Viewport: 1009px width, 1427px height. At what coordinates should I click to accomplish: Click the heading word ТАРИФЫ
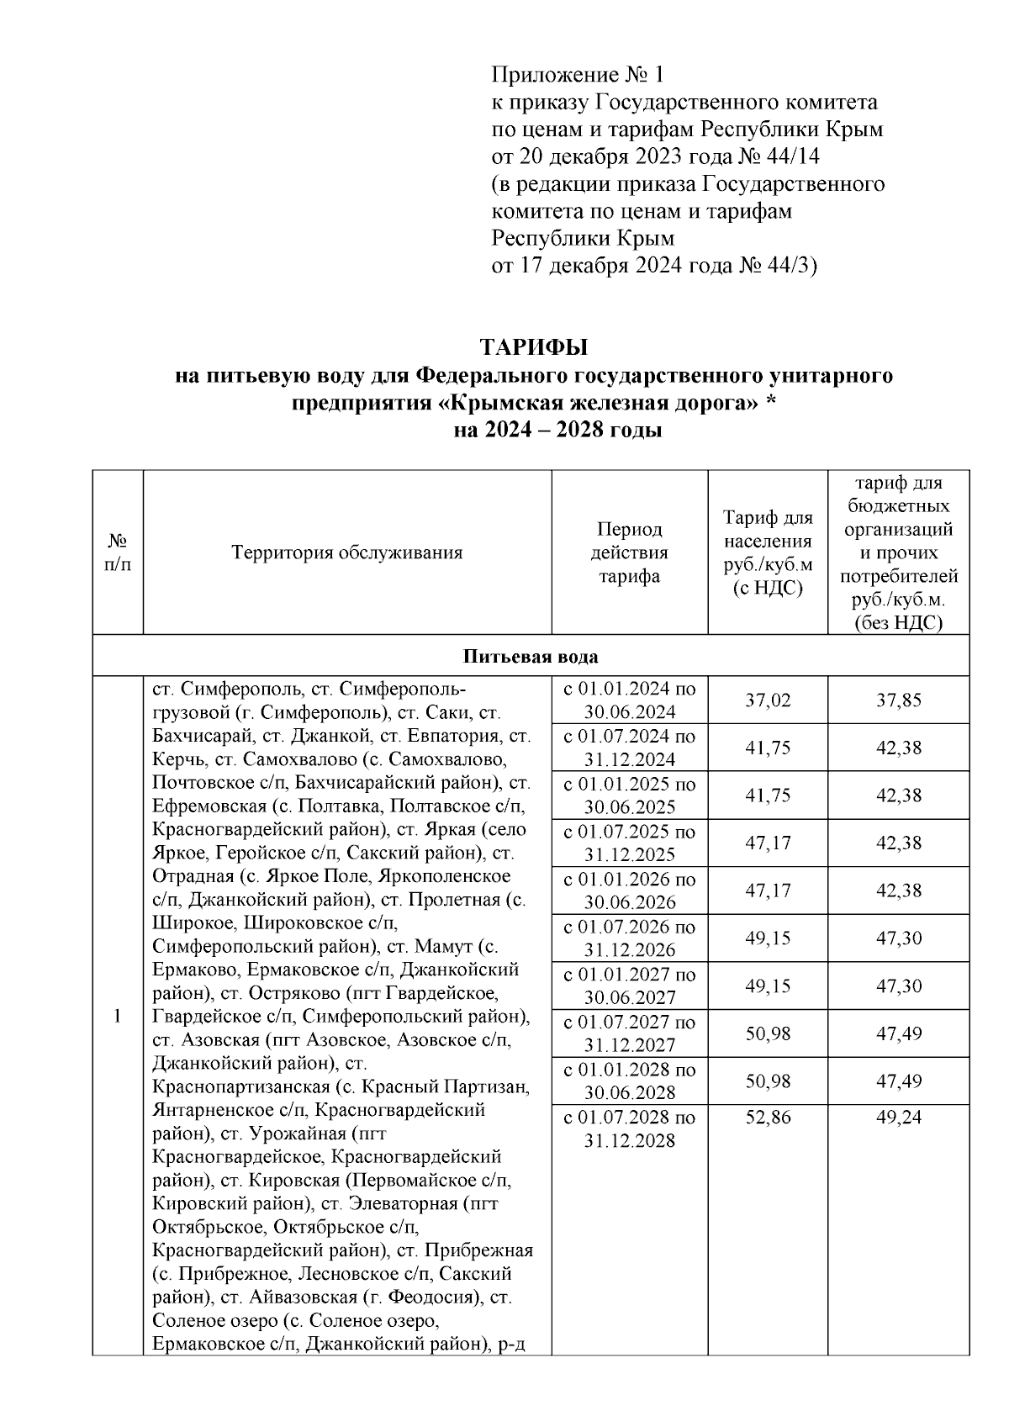coord(533,347)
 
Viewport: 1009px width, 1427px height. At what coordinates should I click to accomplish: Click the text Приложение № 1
coord(577,76)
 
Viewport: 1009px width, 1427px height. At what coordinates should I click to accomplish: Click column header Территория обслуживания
coord(347,552)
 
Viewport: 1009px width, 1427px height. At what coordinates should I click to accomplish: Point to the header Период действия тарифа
coord(629,552)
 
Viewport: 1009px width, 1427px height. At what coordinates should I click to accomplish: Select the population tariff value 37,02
coord(768,700)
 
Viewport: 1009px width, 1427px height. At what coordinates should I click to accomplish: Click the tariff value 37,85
coord(898,700)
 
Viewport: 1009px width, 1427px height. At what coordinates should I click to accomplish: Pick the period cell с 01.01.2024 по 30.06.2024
coord(629,700)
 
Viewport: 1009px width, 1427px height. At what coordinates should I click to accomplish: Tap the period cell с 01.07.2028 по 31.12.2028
coord(629,1129)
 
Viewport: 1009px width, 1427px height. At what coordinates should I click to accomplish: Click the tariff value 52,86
coord(768,1118)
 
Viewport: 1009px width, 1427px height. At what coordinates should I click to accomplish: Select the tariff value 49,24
coord(898,1118)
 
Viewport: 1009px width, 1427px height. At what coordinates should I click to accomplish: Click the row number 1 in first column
coord(118,1016)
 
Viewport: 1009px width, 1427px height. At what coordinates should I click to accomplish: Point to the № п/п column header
coord(118,552)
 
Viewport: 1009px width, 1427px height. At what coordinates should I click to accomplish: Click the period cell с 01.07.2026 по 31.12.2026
coord(629,938)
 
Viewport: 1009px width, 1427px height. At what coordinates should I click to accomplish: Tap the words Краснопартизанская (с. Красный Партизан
coord(341,1086)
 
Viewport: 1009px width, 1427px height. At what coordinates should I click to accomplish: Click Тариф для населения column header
coord(768,552)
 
